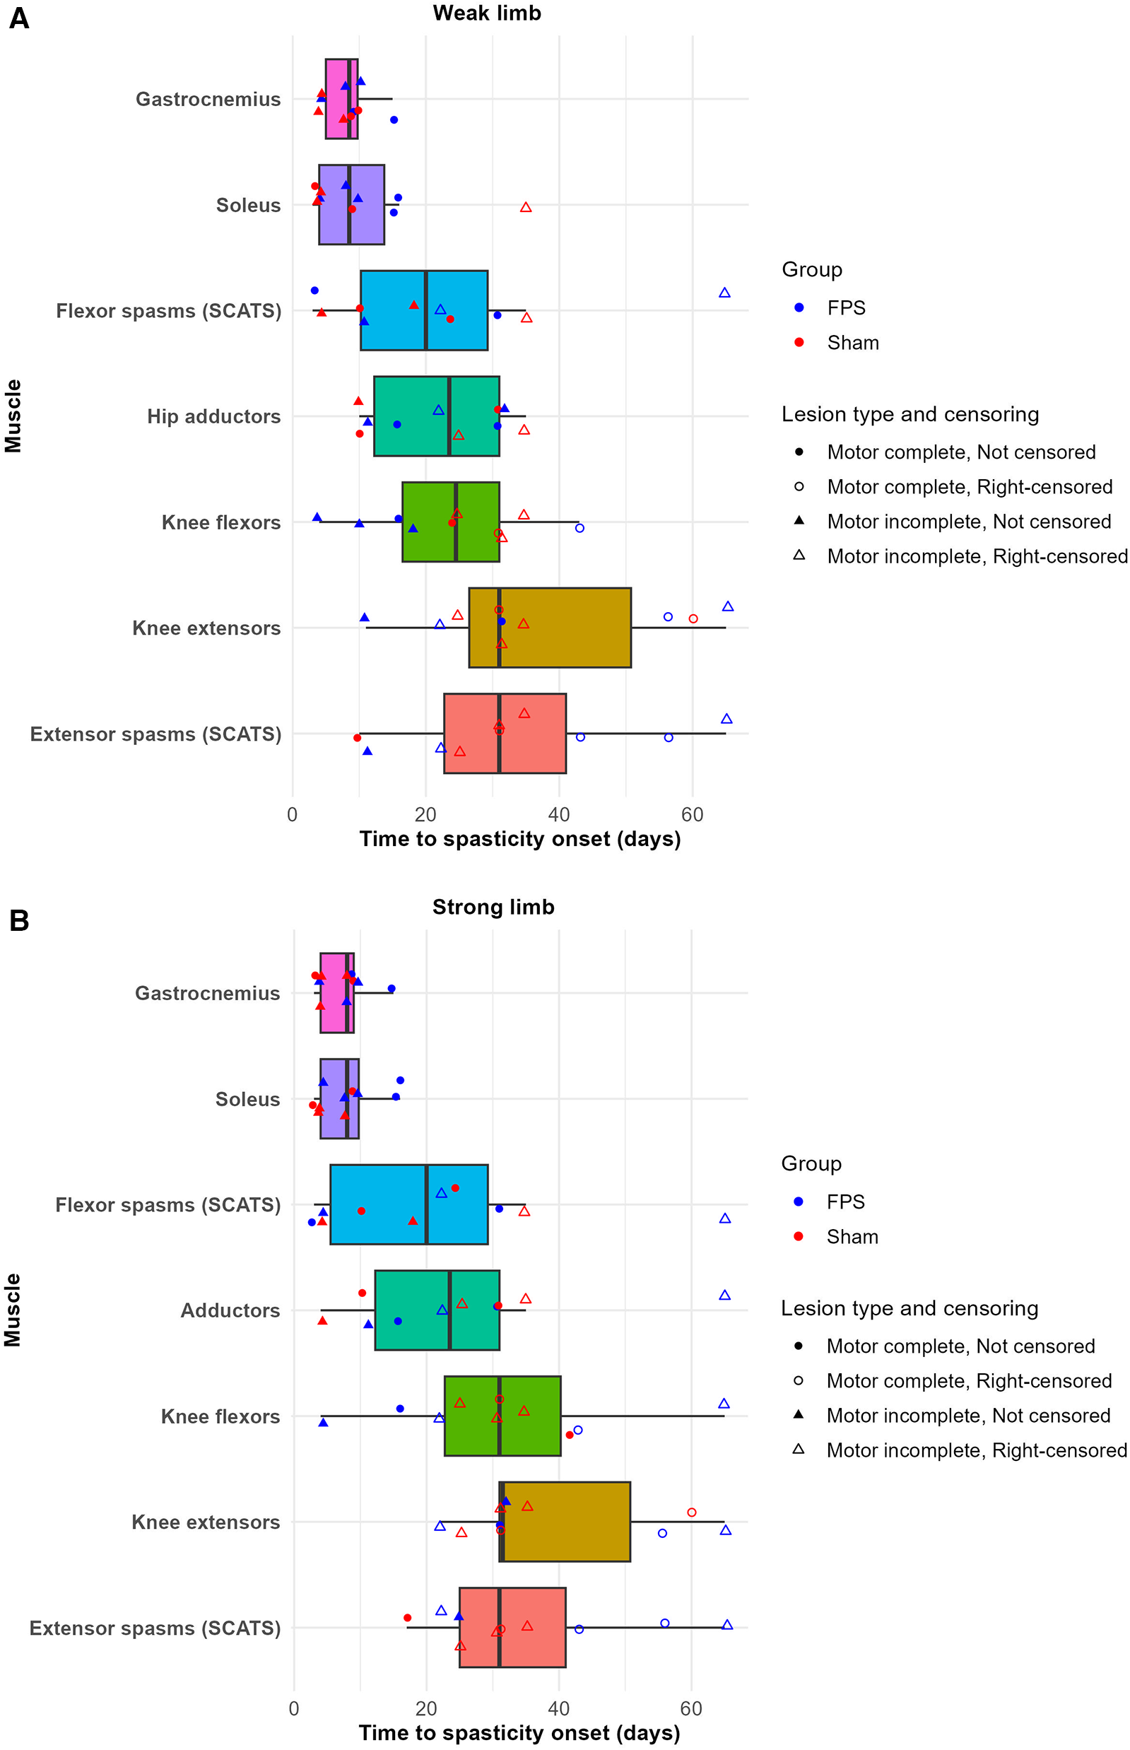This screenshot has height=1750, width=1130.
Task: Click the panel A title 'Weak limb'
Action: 486,13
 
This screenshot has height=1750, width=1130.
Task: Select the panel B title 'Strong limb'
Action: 493,907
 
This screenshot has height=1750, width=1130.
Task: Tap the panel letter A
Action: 19,18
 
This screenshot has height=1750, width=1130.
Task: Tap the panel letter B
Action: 19,920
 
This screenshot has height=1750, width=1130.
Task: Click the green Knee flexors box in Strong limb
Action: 529,1416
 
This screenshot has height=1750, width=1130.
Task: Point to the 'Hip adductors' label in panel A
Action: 213,417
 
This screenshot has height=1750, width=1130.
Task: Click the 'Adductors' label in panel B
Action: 230,1310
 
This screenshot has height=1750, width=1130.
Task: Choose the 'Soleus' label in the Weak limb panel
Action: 248,206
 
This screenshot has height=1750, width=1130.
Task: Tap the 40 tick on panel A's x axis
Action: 558,814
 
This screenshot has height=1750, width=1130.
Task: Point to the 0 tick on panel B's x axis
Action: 293,1708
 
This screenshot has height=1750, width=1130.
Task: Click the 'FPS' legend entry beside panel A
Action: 846,308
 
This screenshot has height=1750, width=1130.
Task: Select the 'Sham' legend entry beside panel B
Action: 852,1236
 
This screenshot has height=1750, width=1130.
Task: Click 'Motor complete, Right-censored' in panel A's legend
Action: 970,486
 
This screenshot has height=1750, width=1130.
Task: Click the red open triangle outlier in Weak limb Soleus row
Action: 525,208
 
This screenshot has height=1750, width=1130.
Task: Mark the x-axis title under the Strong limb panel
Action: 519,1733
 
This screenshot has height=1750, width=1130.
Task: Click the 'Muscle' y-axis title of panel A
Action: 13,416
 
